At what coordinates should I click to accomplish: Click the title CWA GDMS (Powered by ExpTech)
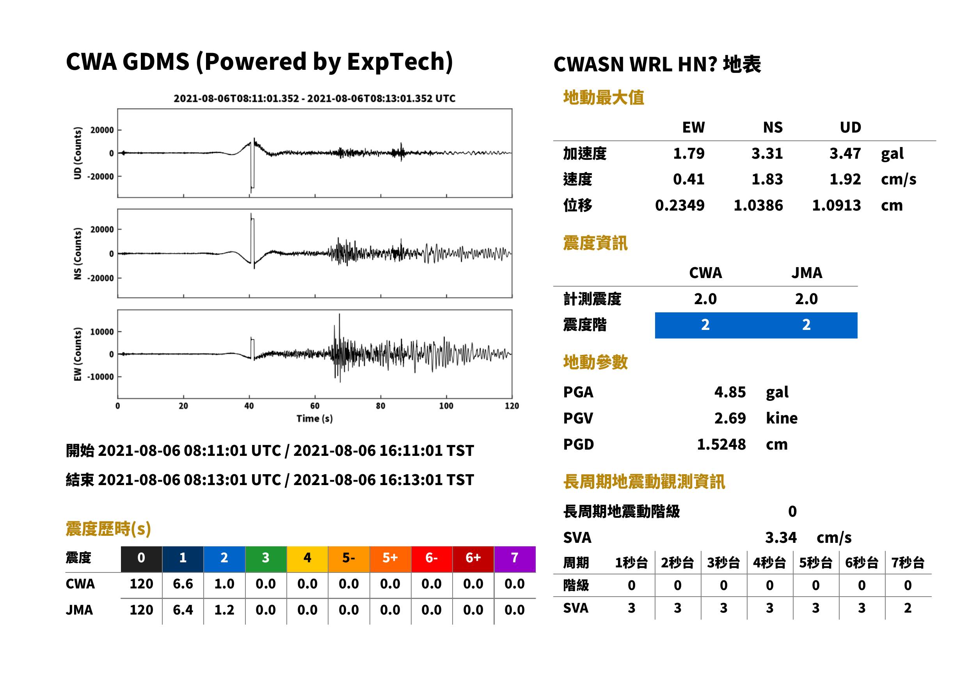[x=259, y=62]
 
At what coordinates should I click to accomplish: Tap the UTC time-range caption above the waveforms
[x=314, y=98]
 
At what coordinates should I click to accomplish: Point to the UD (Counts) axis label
[x=78, y=153]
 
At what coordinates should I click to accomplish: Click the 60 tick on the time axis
[x=314, y=406]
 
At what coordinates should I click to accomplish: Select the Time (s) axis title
[x=314, y=419]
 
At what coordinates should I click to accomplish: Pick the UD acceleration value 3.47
[x=845, y=153]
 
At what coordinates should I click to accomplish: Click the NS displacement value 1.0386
[x=758, y=206]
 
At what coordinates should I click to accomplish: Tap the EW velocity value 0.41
[x=688, y=179]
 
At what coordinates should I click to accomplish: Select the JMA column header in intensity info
[x=807, y=273]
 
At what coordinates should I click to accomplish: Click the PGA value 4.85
[x=730, y=392]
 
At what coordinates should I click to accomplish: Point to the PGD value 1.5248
[x=721, y=444]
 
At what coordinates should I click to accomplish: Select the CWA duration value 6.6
[x=183, y=584]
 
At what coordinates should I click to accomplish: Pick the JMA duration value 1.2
[x=224, y=610]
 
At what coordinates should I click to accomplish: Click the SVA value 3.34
[x=781, y=538]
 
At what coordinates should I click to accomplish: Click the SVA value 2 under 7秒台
[x=908, y=608]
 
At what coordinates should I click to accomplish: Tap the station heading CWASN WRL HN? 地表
[x=657, y=65]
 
